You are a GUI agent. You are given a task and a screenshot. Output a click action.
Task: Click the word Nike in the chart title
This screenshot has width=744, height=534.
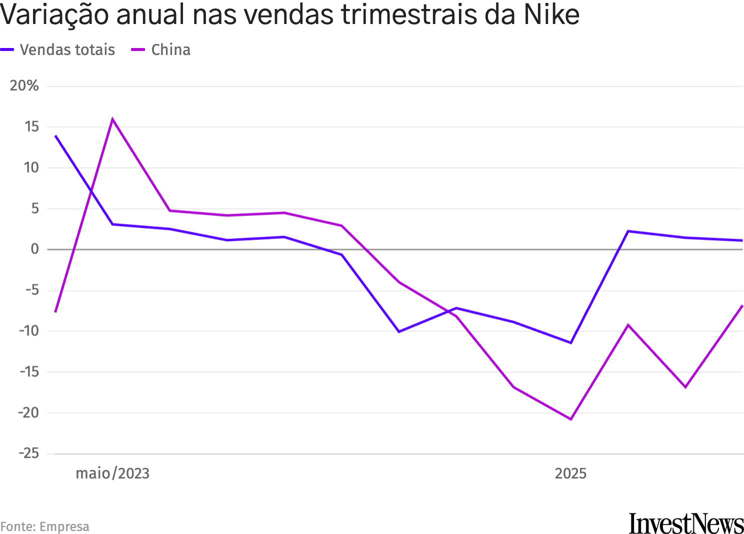[x=551, y=15]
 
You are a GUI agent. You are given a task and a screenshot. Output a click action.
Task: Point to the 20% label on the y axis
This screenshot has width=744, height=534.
[x=24, y=86]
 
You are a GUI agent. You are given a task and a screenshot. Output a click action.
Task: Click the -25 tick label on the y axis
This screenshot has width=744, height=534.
[x=28, y=453]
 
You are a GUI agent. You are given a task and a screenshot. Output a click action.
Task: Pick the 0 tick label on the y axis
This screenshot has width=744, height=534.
[x=34, y=249]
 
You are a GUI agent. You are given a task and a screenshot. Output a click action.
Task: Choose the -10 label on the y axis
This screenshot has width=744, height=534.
[x=28, y=331]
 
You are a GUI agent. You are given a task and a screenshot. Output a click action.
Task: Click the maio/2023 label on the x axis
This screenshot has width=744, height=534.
[x=112, y=473]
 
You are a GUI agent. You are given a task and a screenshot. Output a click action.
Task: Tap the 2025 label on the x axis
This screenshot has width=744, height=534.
[x=570, y=473]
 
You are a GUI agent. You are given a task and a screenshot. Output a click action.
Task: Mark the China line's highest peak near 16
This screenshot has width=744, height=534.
[x=112, y=119]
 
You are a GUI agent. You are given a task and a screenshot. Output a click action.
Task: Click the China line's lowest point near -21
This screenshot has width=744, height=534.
[x=570, y=419]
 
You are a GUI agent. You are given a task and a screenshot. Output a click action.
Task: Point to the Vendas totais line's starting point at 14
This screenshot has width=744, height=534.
[x=55, y=135]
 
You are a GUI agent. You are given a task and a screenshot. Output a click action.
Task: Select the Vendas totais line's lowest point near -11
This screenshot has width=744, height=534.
[x=570, y=342]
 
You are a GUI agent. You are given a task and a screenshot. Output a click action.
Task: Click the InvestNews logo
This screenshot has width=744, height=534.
[x=686, y=523]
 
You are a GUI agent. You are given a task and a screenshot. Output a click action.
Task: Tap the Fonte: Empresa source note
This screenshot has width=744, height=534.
[x=45, y=526]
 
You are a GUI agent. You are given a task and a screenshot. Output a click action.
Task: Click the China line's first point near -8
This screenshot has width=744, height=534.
[x=55, y=311]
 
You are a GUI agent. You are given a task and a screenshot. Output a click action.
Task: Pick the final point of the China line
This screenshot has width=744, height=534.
[x=742, y=305]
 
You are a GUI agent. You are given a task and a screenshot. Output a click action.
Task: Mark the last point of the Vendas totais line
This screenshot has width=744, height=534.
[x=742, y=240]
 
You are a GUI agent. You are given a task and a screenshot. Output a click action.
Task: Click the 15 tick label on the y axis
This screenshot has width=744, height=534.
[x=31, y=126]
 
